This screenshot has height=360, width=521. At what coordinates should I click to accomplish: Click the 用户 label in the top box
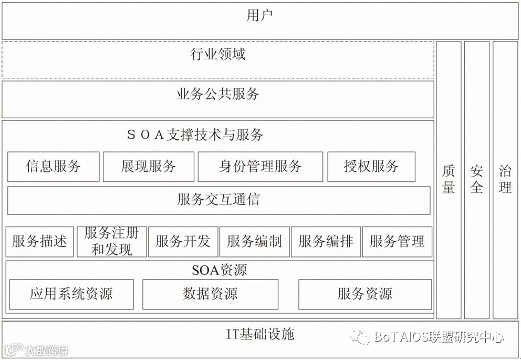point(260,16)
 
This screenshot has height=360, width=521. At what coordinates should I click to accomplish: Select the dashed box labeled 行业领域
point(218,54)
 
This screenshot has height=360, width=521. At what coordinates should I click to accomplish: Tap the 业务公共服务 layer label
point(218,95)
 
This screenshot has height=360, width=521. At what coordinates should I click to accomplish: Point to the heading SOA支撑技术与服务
point(195,135)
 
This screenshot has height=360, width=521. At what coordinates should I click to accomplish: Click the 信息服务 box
point(53,167)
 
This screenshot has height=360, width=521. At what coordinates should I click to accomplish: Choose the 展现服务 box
point(148,167)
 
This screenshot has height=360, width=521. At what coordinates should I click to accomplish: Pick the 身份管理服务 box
point(260,167)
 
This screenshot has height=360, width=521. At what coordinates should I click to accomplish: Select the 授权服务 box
point(371,167)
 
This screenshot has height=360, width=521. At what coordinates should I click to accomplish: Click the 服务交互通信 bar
point(218,200)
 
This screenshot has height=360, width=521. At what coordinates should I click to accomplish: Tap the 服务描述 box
point(39,242)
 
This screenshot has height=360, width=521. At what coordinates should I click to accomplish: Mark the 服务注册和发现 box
point(111,241)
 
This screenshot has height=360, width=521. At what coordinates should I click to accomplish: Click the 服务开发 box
point(183,242)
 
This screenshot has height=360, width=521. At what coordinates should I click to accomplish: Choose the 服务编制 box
point(254,242)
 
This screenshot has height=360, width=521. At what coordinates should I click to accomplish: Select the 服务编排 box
point(326,242)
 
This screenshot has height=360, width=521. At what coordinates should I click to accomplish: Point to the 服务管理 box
point(397,242)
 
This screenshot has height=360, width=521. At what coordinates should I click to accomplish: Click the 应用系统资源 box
point(71,294)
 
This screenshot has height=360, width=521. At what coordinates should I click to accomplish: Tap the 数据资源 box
point(210,294)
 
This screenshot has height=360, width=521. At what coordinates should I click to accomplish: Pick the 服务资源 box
point(365,294)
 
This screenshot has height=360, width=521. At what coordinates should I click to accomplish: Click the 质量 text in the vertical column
point(449,179)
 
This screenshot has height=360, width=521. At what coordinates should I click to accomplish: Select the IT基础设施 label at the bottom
point(260,334)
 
